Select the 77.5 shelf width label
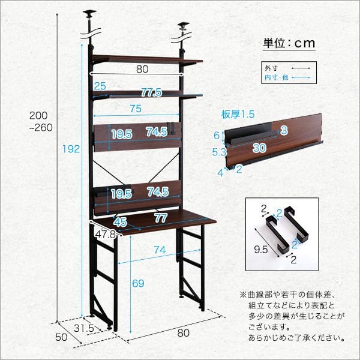[151, 92]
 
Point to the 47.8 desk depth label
[106, 234]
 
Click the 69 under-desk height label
[137, 281]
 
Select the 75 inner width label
[135, 108]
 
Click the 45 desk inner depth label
[121, 221]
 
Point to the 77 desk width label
[160, 217]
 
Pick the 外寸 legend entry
[273, 68]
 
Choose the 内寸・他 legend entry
[275, 78]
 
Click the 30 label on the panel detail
[259, 147]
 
